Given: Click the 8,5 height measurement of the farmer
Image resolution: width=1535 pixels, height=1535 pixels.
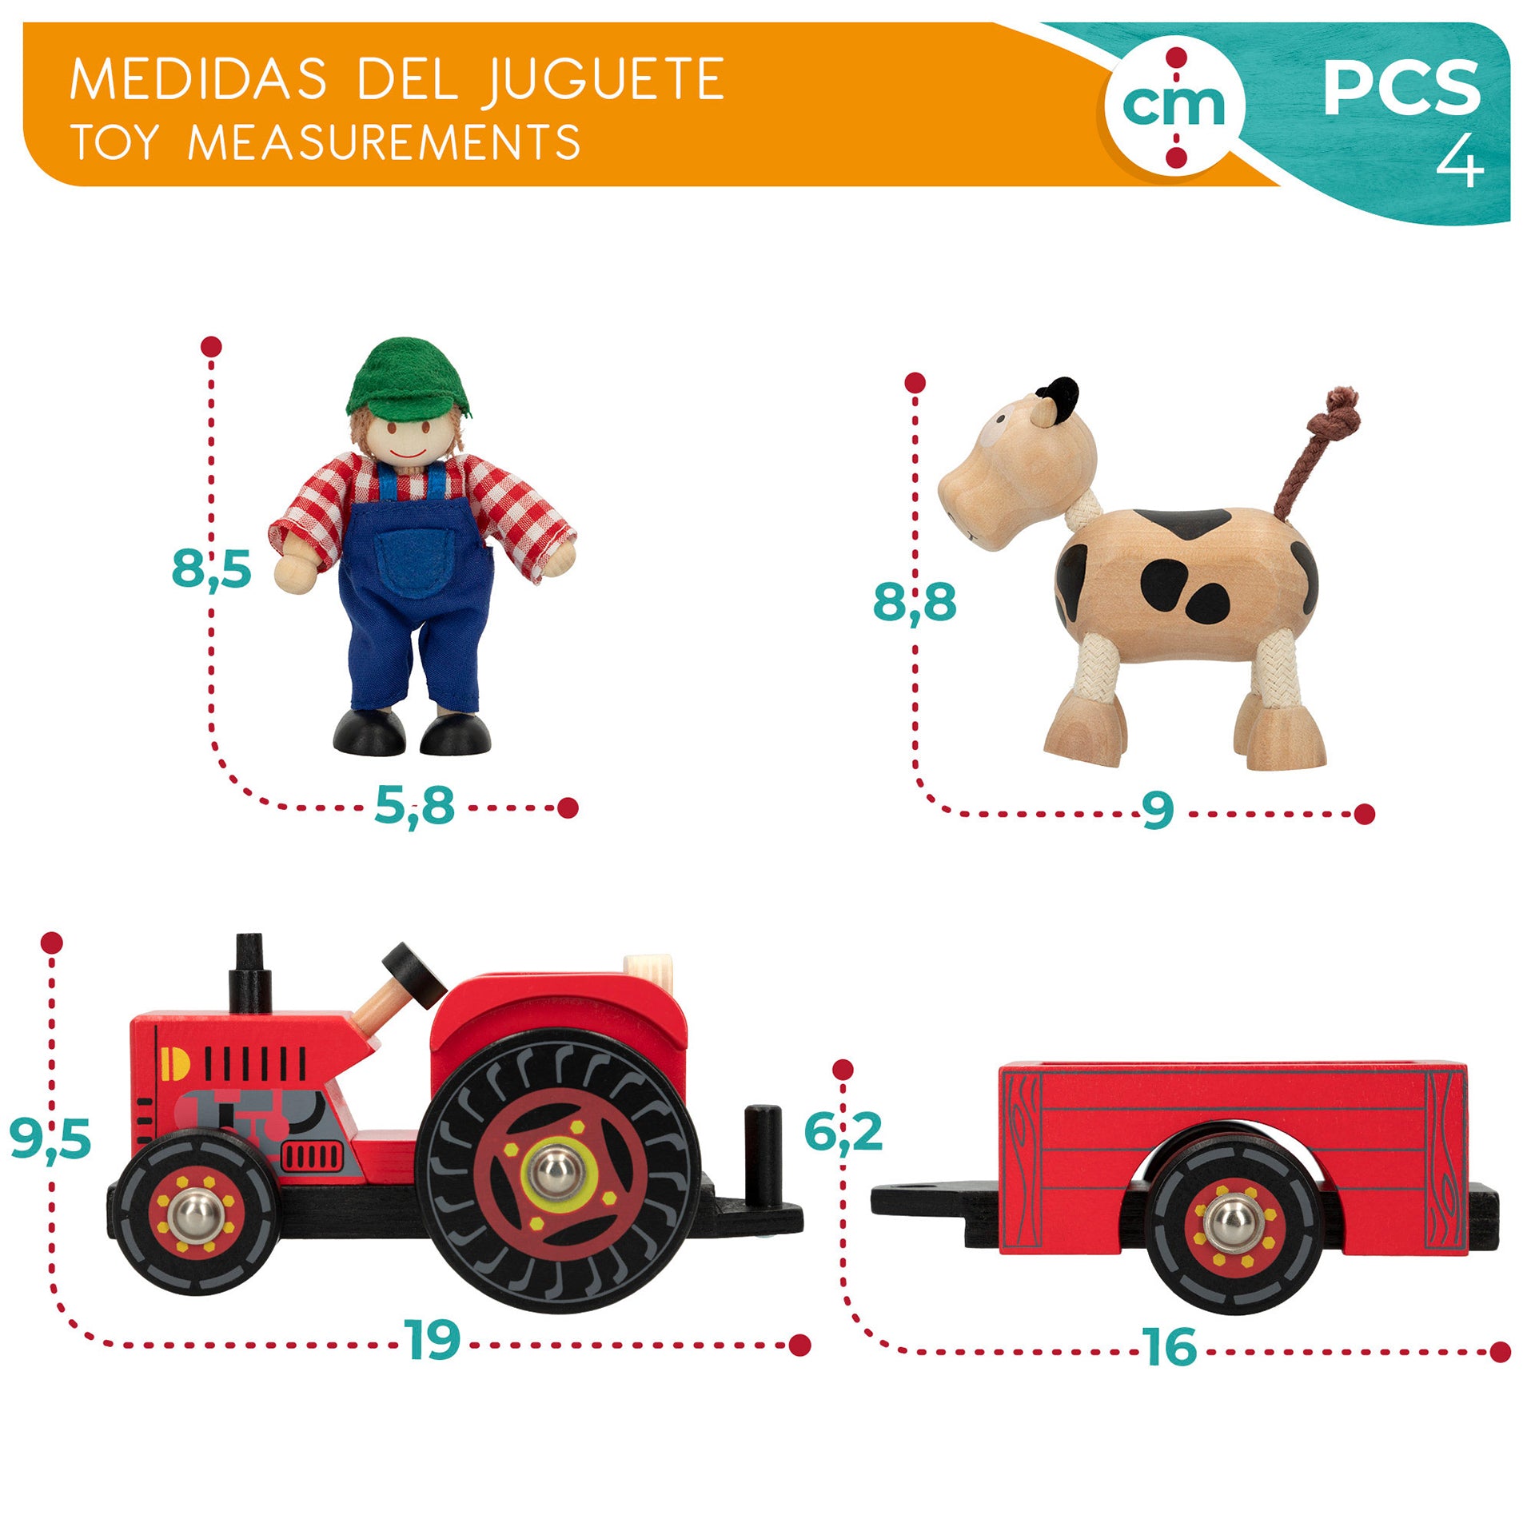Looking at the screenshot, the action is [x=211, y=568].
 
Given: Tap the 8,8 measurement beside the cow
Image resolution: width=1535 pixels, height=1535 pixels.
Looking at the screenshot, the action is [x=915, y=601].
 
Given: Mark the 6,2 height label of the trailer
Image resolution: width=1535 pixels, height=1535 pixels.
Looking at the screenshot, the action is [x=843, y=1131].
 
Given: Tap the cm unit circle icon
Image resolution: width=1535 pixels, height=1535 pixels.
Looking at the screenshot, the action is [x=1175, y=107].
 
